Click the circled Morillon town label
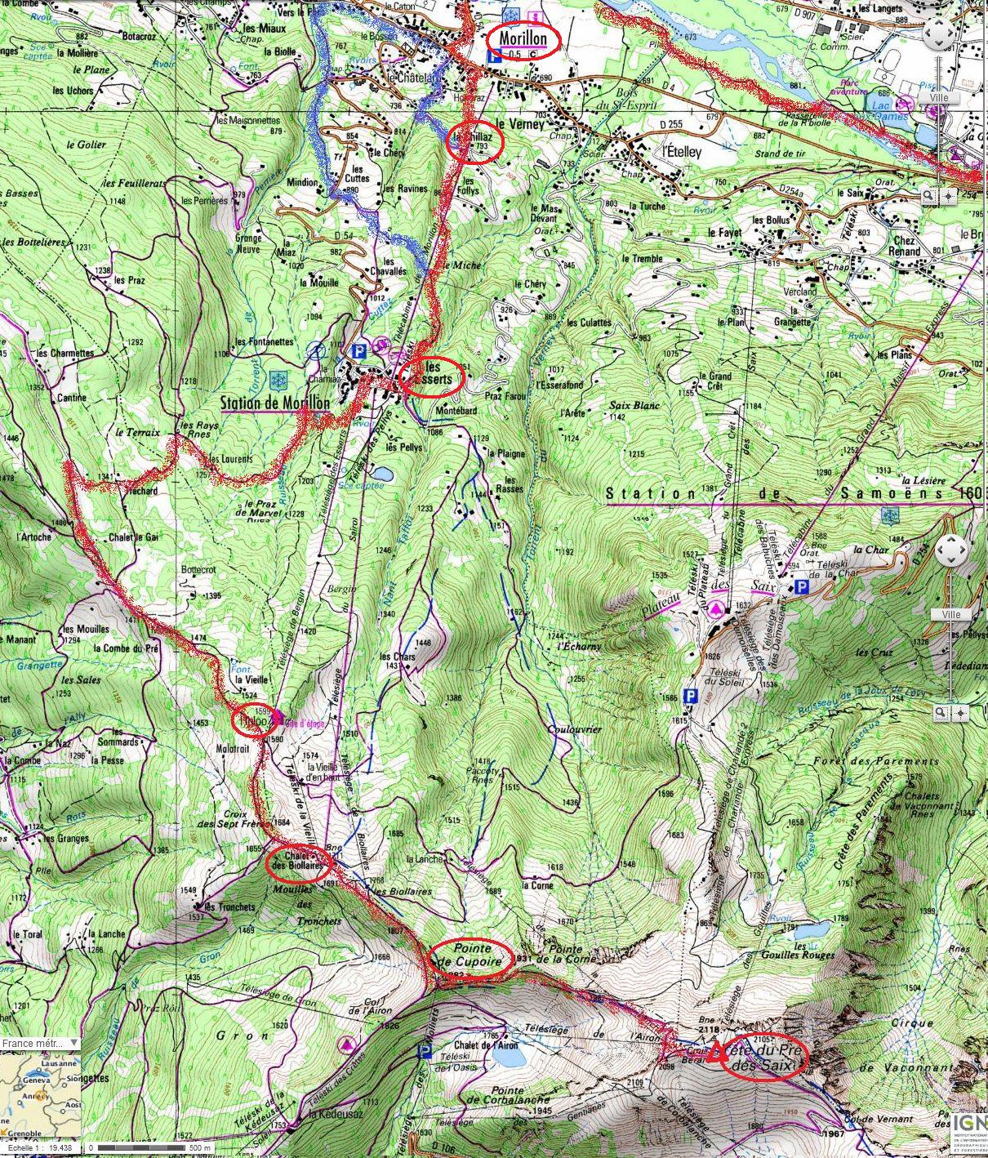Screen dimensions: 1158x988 (524, 38)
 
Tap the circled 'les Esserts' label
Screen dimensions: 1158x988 (433, 377)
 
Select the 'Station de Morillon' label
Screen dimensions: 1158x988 (275, 403)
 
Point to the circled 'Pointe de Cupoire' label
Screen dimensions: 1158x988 (472, 957)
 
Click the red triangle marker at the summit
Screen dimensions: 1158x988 (716, 1053)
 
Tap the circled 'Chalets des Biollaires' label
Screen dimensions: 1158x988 (298, 861)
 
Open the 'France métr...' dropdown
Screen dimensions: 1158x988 (41, 1043)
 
